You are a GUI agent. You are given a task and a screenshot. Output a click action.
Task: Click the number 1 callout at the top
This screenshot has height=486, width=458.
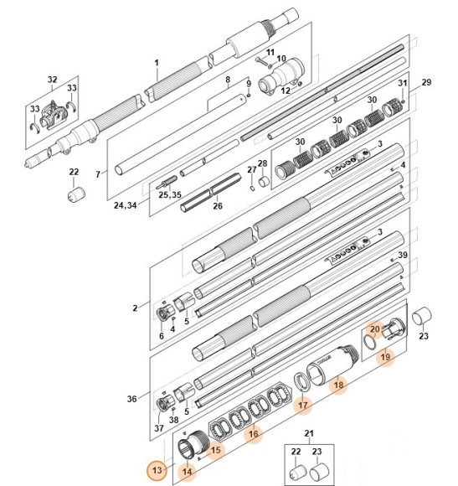[x=157, y=63]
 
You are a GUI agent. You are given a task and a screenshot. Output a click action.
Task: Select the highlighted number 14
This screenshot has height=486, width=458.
[x=186, y=471]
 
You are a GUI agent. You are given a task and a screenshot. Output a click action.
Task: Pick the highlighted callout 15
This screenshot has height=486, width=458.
[x=216, y=450]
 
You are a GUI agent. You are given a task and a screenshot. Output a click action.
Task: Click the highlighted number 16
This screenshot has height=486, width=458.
[x=253, y=434]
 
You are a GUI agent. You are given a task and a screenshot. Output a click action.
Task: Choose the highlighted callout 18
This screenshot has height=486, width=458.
[x=338, y=385]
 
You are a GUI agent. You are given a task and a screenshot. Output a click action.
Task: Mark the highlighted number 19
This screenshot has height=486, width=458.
[x=384, y=357]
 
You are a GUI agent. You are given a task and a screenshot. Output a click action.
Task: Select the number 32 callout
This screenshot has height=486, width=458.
[x=52, y=80]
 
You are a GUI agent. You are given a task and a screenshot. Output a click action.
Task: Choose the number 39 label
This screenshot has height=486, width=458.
[x=403, y=256]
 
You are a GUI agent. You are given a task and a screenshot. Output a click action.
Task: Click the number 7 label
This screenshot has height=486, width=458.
[x=98, y=174]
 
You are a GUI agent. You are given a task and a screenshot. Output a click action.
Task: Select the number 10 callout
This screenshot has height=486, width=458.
[x=281, y=59]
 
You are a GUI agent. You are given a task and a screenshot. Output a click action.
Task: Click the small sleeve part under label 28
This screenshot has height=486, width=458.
[x=263, y=180]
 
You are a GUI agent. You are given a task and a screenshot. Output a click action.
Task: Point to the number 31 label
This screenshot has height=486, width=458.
[x=402, y=84]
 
